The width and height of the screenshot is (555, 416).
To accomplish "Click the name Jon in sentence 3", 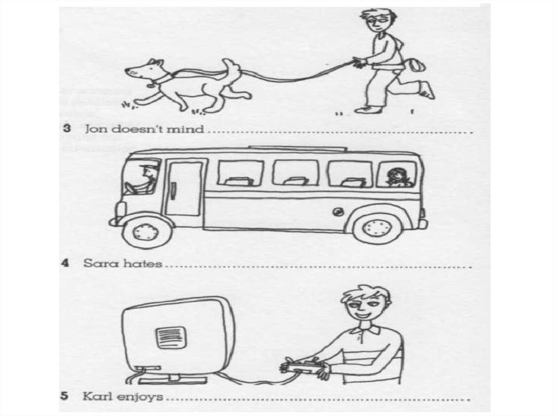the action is click(x=95, y=129).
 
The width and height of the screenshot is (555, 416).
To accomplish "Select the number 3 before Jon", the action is click(x=67, y=128).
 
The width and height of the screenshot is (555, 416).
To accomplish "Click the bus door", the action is click(x=184, y=188).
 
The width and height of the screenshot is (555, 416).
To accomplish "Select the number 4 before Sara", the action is click(x=65, y=263).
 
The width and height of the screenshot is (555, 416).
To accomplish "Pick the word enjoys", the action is click(x=140, y=397).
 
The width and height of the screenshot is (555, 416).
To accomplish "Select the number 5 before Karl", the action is click(x=64, y=396).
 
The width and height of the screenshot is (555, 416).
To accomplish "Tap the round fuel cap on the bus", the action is click(x=337, y=212).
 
